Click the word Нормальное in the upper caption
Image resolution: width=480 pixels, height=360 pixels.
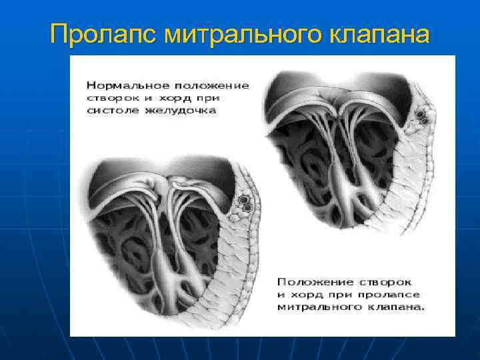click(x=127, y=85)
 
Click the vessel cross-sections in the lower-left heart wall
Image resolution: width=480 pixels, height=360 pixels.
click(x=245, y=203)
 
